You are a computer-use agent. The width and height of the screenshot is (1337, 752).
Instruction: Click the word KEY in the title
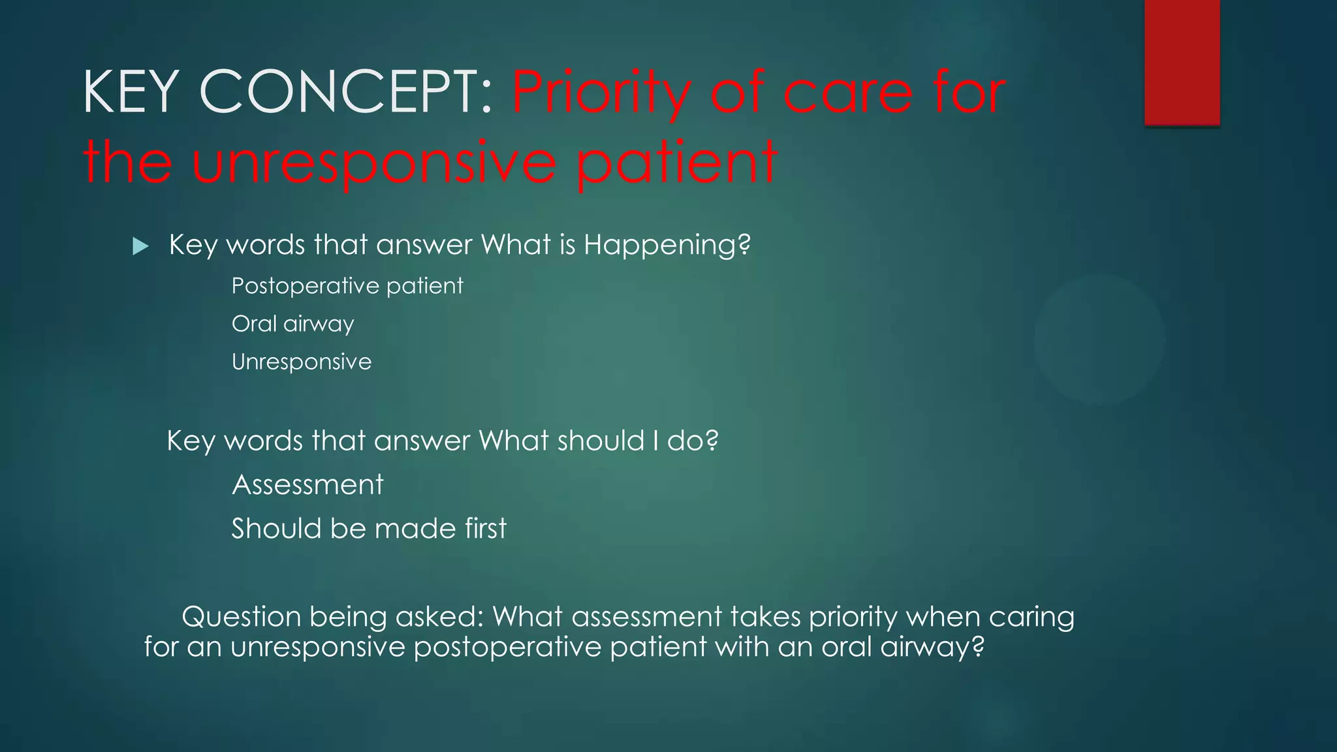(131, 93)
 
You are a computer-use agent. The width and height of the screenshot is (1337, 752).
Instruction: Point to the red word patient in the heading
(677, 163)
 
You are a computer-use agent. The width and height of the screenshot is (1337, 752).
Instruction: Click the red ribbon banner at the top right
(1182, 62)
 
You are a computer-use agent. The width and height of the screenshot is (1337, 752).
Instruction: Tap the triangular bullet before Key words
(140, 247)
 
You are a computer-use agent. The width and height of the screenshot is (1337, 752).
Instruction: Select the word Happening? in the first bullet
(667, 245)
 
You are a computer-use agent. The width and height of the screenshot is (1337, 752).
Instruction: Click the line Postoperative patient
(347, 286)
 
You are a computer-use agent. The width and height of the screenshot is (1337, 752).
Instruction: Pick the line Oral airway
(292, 324)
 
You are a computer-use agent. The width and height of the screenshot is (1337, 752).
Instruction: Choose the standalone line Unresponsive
(301, 362)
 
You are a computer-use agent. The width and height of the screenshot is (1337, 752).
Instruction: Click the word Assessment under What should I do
(307, 485)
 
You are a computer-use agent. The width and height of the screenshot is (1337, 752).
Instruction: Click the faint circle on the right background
(1099, 339)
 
